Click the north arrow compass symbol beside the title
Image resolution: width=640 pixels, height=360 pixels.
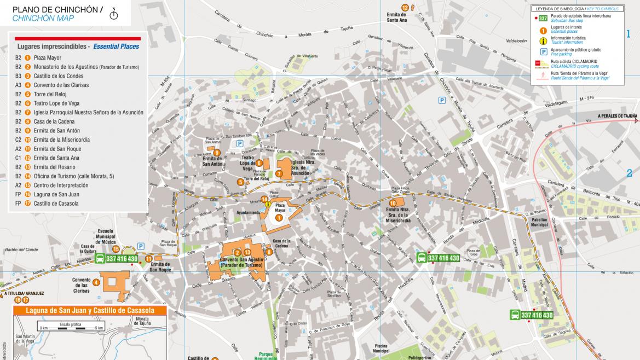[x=114, y=14]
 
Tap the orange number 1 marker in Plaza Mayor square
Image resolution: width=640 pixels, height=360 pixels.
[x=279, y=217]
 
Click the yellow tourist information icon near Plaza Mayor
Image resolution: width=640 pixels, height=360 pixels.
[x=268, y=206]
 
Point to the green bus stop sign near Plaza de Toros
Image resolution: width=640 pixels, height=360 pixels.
[x=438, y=258]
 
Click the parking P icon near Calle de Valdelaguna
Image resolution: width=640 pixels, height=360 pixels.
[x=441, y=100]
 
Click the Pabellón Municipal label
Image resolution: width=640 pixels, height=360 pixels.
[x=539, y=222]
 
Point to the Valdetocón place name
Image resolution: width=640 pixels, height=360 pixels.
[x=516, y=40]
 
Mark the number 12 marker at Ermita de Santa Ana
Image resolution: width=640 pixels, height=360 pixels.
[x=405, y=8]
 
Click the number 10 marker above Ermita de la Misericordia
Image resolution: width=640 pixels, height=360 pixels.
[x=393, y=203]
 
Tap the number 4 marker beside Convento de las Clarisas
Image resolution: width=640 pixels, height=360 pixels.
[x=96, y=282]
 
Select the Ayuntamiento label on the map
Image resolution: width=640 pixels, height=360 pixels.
[x=247, y=212]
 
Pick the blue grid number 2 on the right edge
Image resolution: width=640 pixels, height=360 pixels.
[x=629, y=173]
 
